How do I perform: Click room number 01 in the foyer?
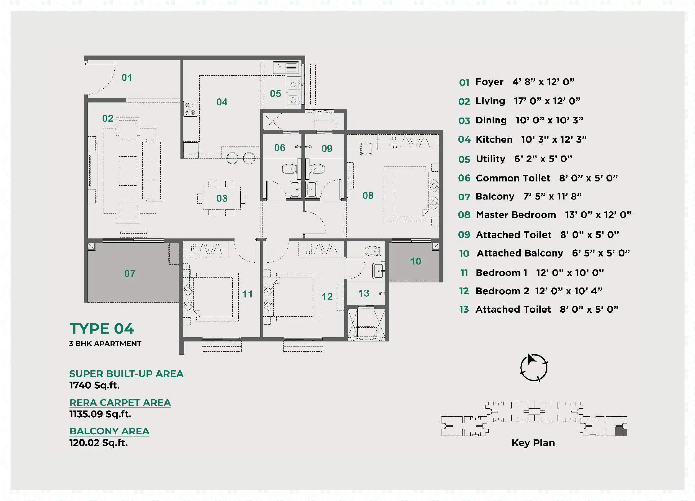coord(127,78)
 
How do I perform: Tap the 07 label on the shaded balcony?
coord(130,273)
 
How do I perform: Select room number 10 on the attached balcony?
coord(416,261)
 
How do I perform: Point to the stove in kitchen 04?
coord(190,109)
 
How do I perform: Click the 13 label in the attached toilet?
coord(364,293)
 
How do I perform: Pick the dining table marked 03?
coord(221,198)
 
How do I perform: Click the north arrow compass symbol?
coord(534,367)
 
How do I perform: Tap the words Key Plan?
coord(533,443)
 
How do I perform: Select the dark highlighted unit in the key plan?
coord(621,431)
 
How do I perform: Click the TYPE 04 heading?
coord(102,329)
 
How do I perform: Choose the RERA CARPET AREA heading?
coord(120,403)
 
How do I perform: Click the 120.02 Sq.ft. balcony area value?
coord(99,443)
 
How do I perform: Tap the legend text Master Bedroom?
coord(516,215)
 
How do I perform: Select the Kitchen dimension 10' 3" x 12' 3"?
coord(554,140)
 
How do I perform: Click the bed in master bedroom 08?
coord(405,194)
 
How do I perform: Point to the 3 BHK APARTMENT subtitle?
coord(105,344)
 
